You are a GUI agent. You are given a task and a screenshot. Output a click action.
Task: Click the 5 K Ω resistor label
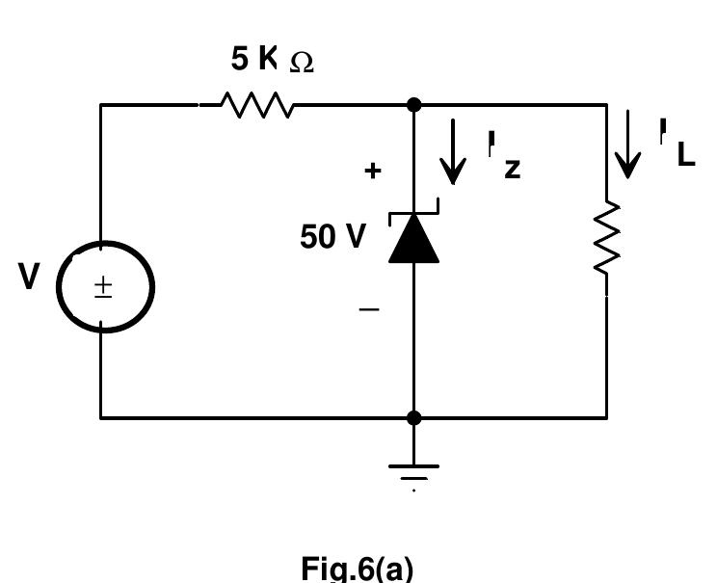(x=272, y=60)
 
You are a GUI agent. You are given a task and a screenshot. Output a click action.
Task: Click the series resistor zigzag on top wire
(x=257, y=104)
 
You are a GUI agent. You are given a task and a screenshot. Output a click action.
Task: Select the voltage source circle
(x=105, y=286)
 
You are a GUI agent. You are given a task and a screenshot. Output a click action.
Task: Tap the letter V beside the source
(x=29, y=278)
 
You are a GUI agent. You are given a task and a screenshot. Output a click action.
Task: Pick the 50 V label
(x=332, y=237)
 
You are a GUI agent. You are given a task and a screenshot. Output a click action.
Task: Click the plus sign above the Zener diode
(x=372, y=171)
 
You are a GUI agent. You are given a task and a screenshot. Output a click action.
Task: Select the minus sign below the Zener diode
(x=370, y=309)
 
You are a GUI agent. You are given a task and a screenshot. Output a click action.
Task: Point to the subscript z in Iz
(x=512, y=169)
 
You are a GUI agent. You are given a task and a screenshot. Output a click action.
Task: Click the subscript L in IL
(x=685, y=156)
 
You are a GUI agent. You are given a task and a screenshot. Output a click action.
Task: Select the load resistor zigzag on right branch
(x=607, y=237)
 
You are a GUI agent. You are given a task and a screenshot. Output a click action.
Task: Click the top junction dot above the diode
(x=414, y=104)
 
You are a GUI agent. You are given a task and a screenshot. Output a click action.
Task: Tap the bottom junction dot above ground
(x=414, y=417)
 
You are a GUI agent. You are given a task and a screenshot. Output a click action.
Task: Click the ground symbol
(x=414, y=471)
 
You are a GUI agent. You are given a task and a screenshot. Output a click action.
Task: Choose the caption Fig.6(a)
(x=358, y=568)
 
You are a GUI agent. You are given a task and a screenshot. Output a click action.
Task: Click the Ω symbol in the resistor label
(x=301, y=63)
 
